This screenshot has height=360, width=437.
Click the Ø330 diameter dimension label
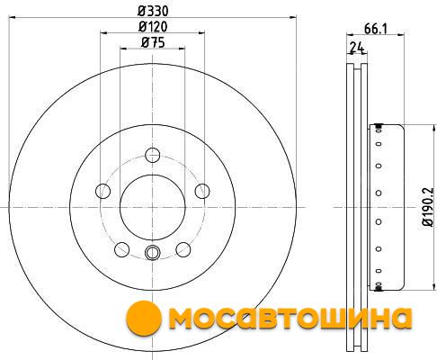click(x=153, y=11)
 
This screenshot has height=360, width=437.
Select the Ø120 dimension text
click(x=153, y=27)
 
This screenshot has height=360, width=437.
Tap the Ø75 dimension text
click(x=153, y=42)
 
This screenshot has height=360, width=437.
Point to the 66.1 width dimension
click(x=376, y=29)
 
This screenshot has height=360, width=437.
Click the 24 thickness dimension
click(x=357, y=48)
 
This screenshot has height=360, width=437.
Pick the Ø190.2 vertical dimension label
click(x=427, y=207)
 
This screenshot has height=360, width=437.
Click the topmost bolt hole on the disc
click(x=153, y=155)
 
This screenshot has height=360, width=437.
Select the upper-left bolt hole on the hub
click(x=103, y=191)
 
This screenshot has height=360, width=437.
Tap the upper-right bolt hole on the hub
click(x=202, y=191)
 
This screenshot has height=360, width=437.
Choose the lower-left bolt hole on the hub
click(x=122, y=249)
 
